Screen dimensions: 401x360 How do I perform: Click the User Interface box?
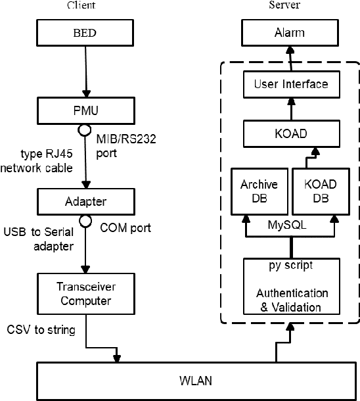point(290,84)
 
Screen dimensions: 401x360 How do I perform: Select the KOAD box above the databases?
point(290,134)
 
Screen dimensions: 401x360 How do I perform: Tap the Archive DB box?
point(258,190)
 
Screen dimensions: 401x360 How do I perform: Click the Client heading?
point(81,5)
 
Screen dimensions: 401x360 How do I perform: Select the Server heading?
point(284,5)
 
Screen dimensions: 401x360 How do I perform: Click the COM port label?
point(125,227)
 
